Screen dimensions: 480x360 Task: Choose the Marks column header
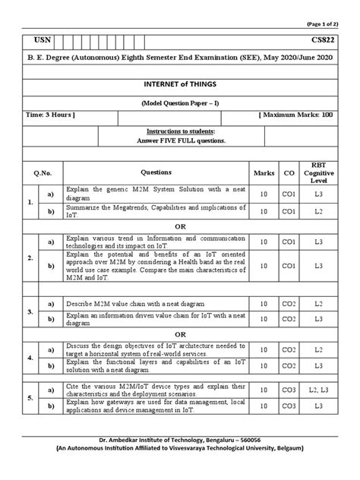tap(264, 172)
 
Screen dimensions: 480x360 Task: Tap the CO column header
tap(289, 172)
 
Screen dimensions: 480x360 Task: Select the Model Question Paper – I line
tap(180, 101)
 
